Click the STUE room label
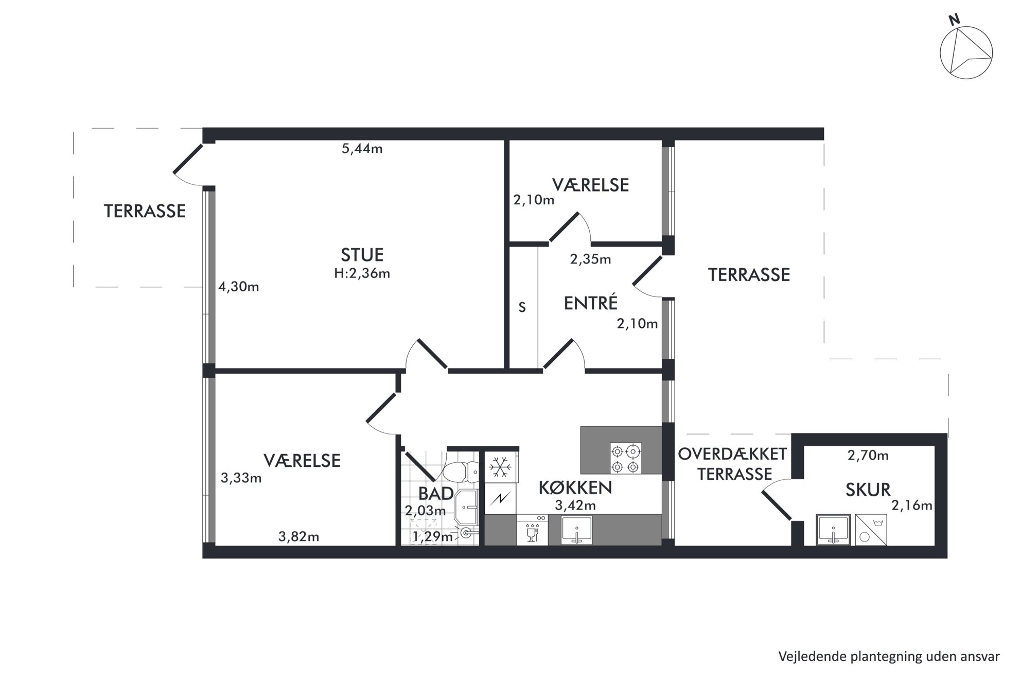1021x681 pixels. [x=362, y=255]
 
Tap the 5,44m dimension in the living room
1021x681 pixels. [x=362, y=149]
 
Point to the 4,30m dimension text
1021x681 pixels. [x=239, y=287]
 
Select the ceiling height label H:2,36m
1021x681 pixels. [x=362, y=273]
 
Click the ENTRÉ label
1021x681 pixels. [x=590, y=303]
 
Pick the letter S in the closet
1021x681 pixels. [x=522, y=307]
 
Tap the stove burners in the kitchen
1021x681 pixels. [x=626, y=458]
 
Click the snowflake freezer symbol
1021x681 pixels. [x=500, y=467]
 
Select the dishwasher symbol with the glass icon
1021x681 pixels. [x=532, y=530]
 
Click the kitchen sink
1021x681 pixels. [x=577, y=530]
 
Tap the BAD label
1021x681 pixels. [x=435, y=494]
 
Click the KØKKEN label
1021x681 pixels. [x=575, y=488]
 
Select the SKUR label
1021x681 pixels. [x=868, y=490]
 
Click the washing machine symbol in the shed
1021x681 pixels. [x=871, y=530]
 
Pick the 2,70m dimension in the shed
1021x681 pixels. [x=868, y=455]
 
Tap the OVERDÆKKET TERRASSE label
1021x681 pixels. [x=733, y=464]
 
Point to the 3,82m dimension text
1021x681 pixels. [x=298, y=537]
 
